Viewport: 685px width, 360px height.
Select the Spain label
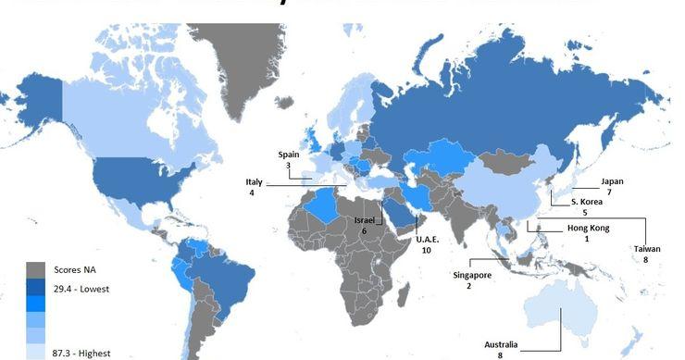click(289, 155)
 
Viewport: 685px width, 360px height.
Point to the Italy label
click(255, 181)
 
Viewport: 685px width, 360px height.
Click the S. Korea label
click(587, 201)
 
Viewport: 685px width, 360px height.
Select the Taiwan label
click(647, 249)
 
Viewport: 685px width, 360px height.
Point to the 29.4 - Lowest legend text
click(82, 290)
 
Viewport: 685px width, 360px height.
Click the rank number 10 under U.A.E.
click(426, 250)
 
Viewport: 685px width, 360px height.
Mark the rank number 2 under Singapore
click(469, 287)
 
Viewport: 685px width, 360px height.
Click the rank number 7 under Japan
click(609, 192)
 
